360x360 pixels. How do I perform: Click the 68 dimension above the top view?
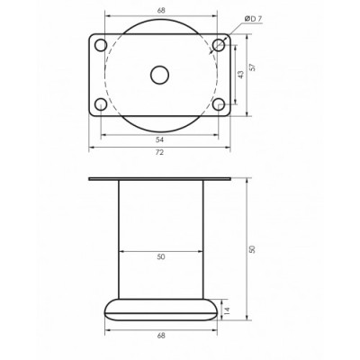point(161,11)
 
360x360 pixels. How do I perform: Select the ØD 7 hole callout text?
point(253,19)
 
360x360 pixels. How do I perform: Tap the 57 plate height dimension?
point(253,67)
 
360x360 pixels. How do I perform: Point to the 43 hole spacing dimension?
point(241,75)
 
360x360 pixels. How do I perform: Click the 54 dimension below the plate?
point(160,139)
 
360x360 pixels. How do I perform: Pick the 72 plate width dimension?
point(160,152)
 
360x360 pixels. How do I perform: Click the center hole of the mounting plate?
point(159,75)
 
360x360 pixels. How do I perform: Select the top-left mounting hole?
point(101,45)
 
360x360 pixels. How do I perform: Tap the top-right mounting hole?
point(219,45)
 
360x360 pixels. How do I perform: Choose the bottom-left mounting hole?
point(101,104)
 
